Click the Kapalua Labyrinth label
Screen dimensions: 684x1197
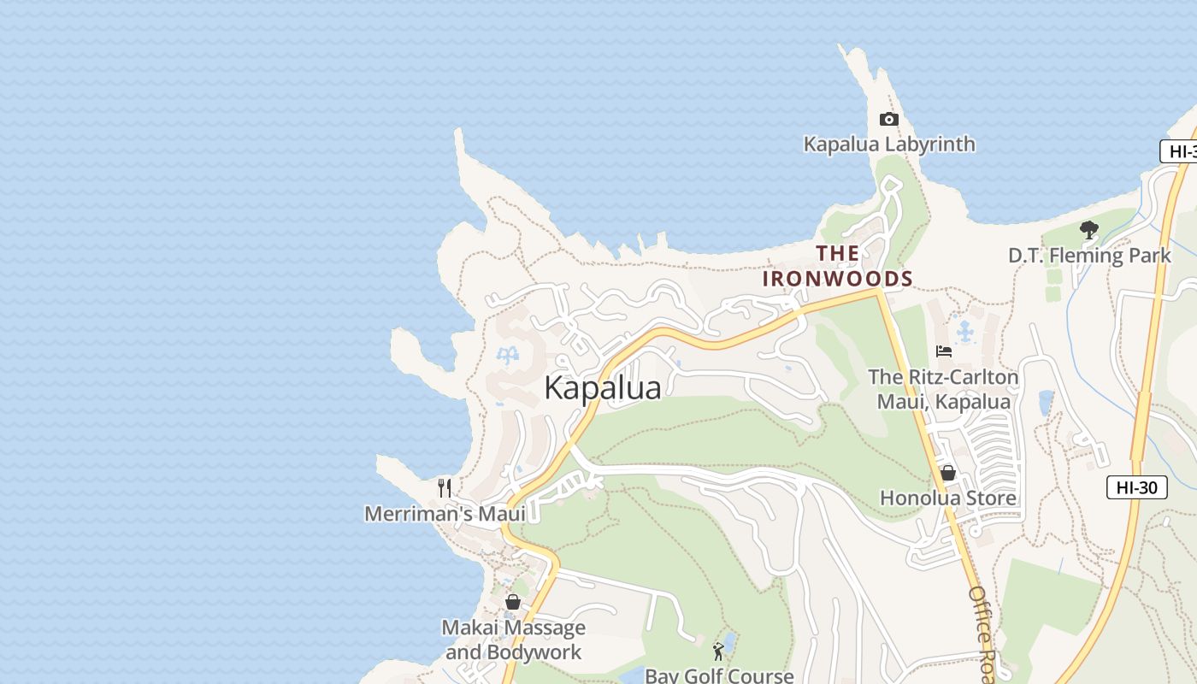(x=889, y=144)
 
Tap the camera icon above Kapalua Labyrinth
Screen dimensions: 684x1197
(x=889, y=120)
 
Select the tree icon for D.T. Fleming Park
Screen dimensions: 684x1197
(x=1088, y=230)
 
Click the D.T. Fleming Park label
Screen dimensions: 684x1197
(x=1089, y=255)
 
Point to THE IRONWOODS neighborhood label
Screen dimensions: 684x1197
(x=838, y=266)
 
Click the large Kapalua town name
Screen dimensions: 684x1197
(x=603, y=388)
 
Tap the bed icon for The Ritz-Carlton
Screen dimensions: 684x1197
(x=944, y=351)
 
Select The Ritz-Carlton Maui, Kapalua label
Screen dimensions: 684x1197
(x=943, y=389)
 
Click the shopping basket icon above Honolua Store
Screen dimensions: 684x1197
(x=948, y=473)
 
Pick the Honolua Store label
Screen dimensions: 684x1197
(x=948, y=498)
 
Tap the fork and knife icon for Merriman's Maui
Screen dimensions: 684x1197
(x=445, y=488)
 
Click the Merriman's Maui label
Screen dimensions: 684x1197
(x=445, y=514)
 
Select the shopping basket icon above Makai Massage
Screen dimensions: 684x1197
(x=513, y=602)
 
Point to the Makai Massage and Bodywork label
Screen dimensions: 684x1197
(x=513, y=640)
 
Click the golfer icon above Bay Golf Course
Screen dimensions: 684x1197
(x=718, y=652)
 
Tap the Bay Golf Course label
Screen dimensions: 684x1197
(x=719, y=675)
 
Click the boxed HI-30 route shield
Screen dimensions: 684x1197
(x=1136, y=487)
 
